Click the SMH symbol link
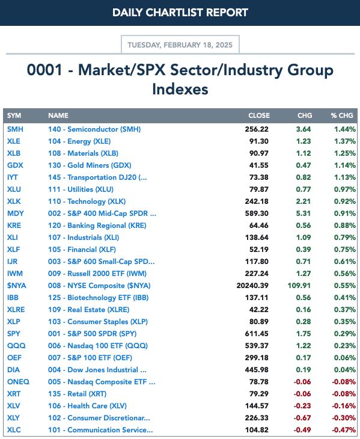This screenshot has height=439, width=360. coord(15,129)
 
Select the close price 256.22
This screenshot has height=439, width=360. coord(257,129)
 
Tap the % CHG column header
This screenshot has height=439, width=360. coord(342,115)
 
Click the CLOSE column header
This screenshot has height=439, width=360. coord(259,115)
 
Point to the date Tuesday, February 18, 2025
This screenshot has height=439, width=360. coord(180,45)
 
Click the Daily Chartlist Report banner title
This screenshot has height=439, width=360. coord(180,13)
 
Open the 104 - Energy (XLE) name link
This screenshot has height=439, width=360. coord(79,141)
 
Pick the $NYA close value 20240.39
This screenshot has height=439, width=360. coord(252,286)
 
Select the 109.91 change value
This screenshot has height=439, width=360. coord(299,286)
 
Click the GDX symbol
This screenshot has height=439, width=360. coord(15,165)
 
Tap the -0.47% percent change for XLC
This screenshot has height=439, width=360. coord(344,430)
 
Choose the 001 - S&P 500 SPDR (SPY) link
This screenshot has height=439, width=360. coord(93,334)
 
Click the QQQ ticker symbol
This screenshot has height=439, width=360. coord(16,346)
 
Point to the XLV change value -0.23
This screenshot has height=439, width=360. coord(302,406)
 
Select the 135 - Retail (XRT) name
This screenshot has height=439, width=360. coord(77,394)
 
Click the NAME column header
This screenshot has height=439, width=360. coord(58,115)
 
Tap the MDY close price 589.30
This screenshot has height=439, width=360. coord(257,213)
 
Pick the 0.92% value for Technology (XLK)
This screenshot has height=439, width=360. coord(345,201)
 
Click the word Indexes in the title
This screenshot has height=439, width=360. coord(180,90)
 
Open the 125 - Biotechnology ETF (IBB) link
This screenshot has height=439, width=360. coord(98,298)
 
